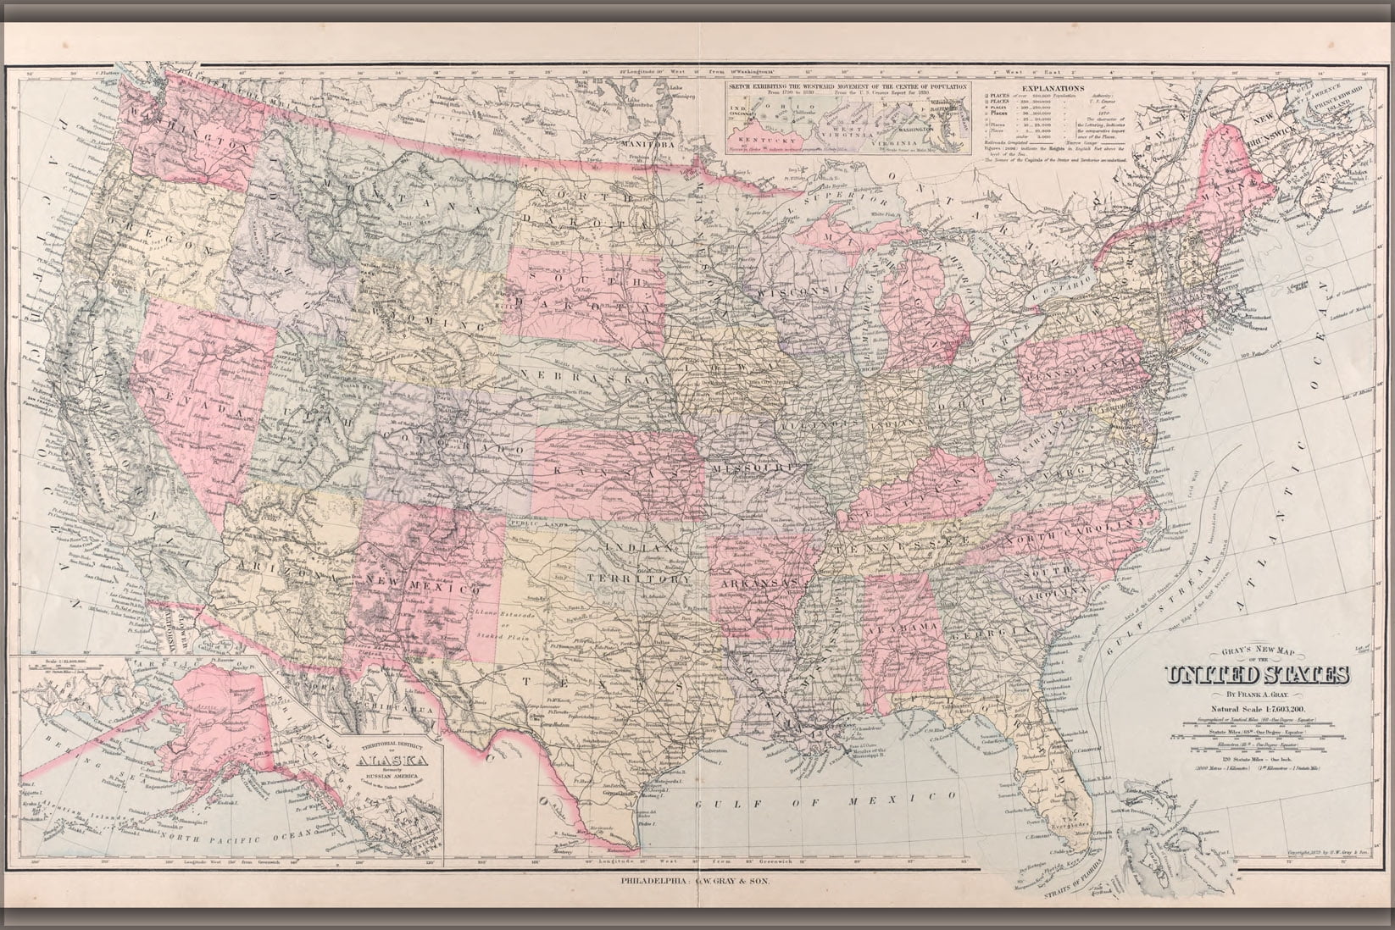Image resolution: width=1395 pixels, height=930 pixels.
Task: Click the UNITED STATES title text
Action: pyautogui.click(x=1258, y=675)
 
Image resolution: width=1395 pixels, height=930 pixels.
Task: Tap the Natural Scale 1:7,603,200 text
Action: pyautogui.click(x=1258, y=708)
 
